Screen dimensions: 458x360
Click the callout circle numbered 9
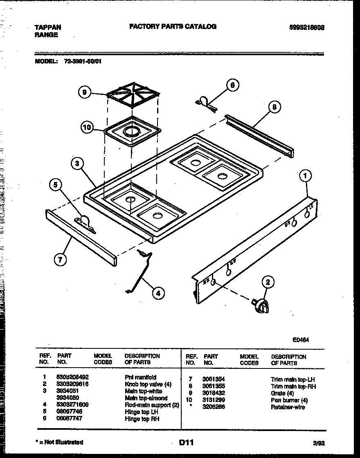(84, 93)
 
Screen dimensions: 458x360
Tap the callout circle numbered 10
(87, 127)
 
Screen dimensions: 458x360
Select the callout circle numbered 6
(232, 85)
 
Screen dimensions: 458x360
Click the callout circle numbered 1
(305, 176)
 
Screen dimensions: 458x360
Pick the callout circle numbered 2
(268, 282)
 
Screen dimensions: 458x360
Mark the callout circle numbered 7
(60, 259)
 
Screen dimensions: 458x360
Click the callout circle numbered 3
(76, 164)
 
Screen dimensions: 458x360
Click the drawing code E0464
(301, 339)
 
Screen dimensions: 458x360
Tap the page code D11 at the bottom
(186, 442)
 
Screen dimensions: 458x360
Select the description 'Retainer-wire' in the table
(288, 407)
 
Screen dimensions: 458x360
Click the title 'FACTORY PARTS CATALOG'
(173, 27)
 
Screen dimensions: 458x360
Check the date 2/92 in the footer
(319, 443)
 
